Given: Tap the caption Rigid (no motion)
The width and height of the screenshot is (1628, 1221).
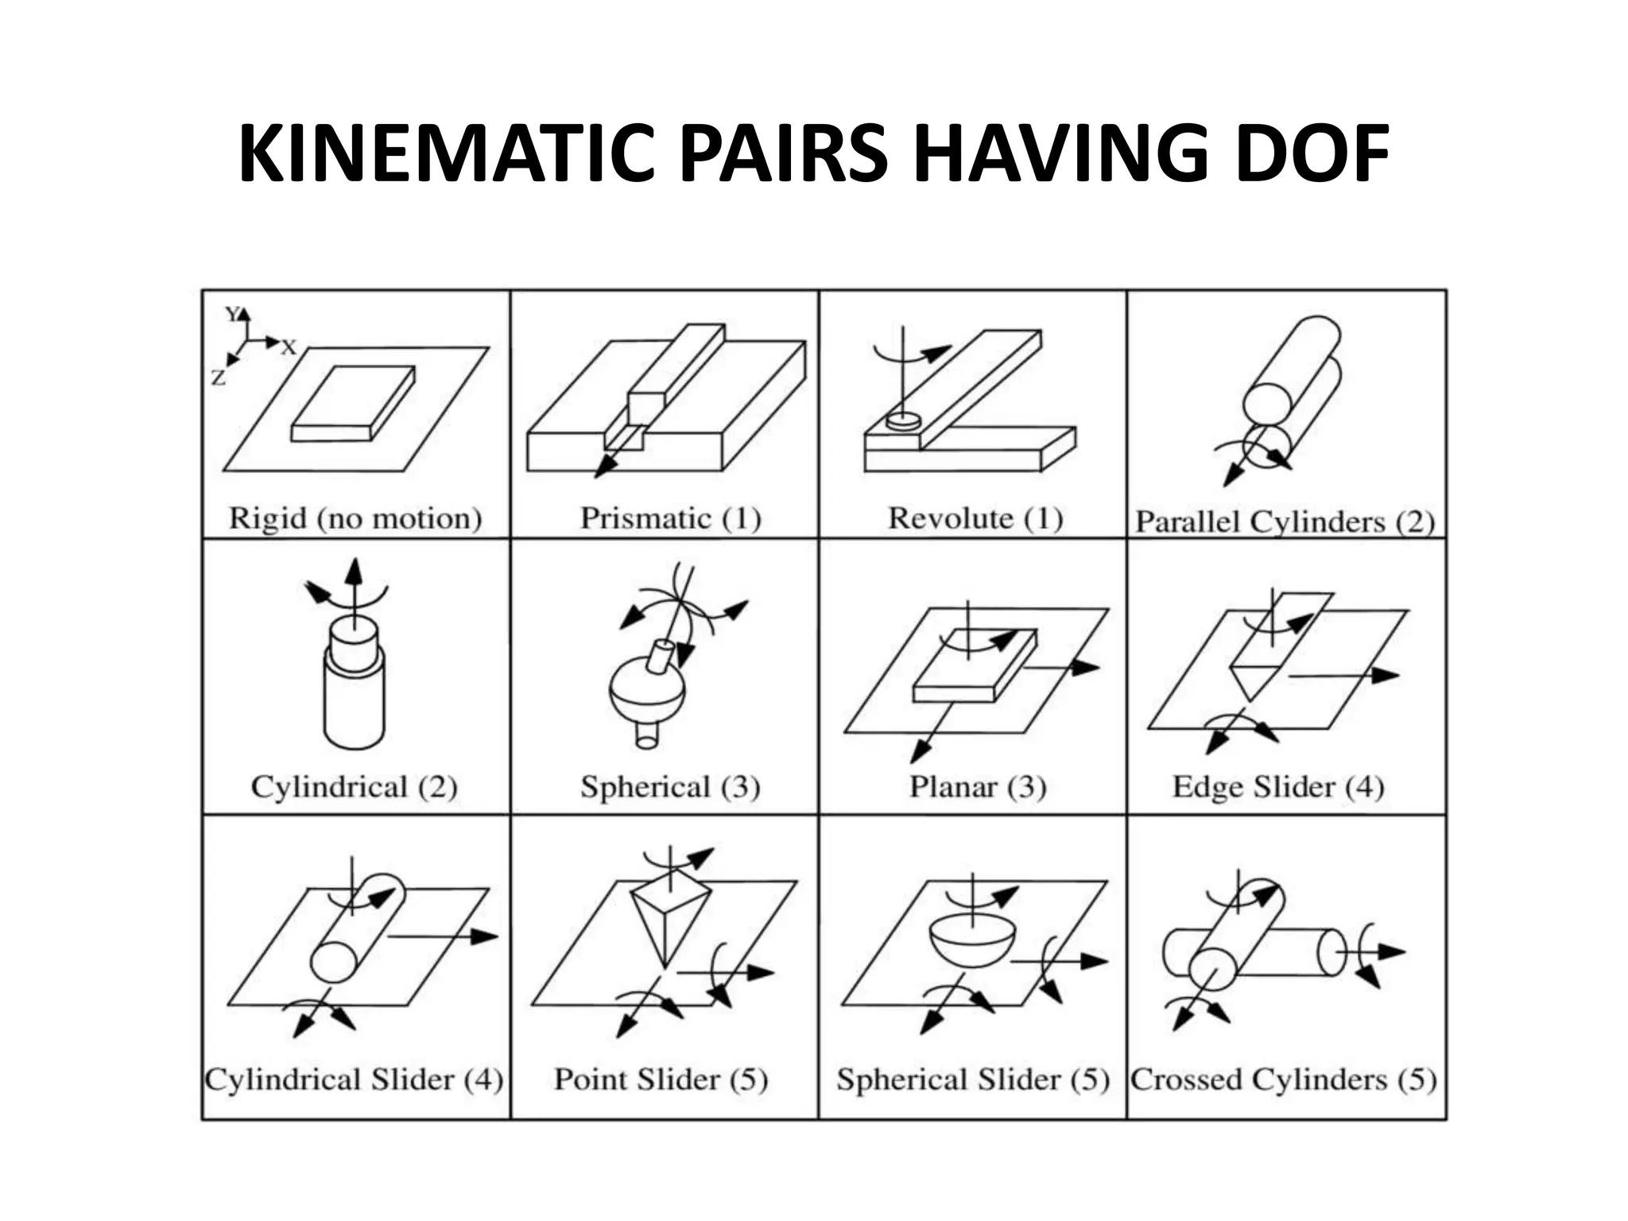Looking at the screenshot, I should tap(355, 518).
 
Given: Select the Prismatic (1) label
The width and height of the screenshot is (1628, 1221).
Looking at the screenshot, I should tap(670, 518).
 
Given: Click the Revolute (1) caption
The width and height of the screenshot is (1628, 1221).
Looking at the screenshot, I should tap(975, 518).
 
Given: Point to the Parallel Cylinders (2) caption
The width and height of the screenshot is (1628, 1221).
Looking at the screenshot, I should tap(1285, 522).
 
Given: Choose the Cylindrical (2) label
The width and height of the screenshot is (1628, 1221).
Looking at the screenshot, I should tap(355, 787).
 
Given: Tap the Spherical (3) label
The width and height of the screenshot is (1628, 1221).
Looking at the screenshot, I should tap(670, 787).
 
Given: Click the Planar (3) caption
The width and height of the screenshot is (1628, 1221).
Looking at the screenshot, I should tap(977, 787).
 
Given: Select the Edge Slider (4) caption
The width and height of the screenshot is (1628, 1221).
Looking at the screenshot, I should tap(1278, 787).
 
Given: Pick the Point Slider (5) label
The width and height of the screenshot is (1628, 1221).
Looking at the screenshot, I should tap(661, 1080).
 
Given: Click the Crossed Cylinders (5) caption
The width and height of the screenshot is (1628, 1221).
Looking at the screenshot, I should tap(1284, 1080).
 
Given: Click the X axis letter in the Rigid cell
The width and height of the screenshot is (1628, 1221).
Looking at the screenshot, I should tap(289, 347).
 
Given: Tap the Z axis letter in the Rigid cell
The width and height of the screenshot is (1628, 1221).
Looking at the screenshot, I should tap(219, 378).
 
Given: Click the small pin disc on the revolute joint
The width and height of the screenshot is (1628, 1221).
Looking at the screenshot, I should tap(902, 421).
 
